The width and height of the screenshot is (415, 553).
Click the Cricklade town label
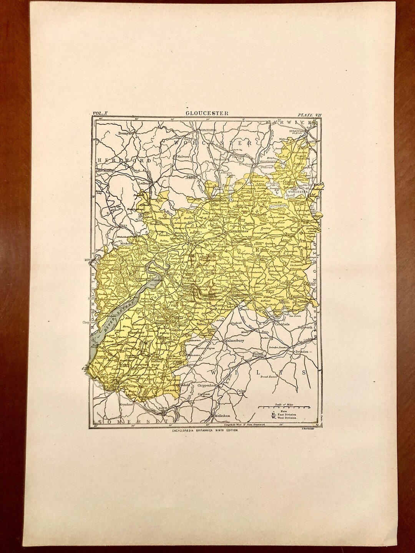point(282,325)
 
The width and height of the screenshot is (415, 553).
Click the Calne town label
point(241,391)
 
